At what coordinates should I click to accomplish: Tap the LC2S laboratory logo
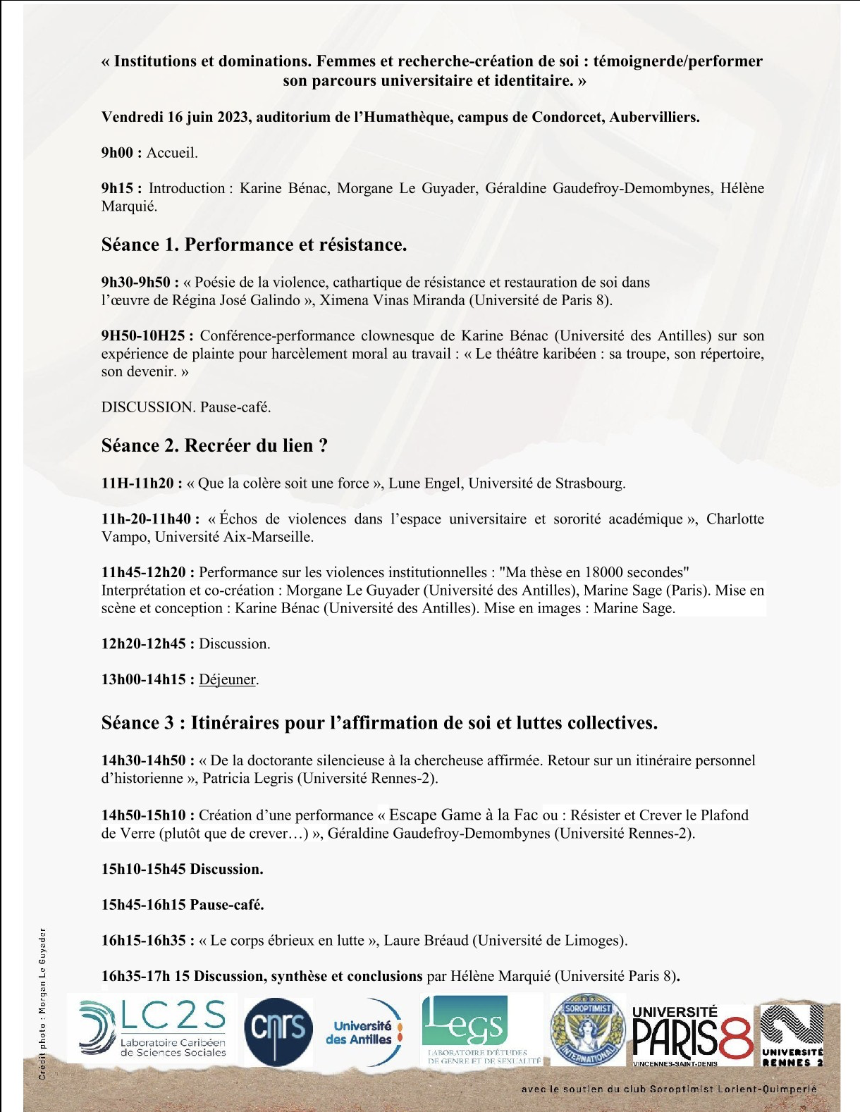153,1029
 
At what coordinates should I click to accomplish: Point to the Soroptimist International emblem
586,1030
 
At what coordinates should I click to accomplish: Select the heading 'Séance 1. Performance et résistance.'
254,245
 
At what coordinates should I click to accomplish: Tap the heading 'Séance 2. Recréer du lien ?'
214,445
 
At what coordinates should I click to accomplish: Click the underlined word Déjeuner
227,679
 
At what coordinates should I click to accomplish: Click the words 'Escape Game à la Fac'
463,815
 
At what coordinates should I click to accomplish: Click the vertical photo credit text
43,1003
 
